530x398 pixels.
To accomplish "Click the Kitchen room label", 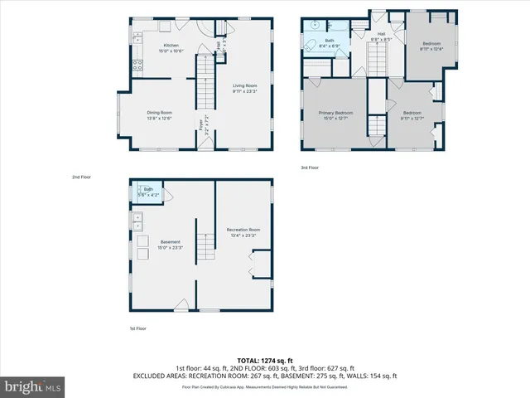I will (x=171, y=45).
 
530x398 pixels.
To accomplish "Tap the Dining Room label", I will (x=160, y=112).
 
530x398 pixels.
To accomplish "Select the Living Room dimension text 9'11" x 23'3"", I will (x=244, y=90).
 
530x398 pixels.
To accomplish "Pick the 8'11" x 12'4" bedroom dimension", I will (x=432, y=49).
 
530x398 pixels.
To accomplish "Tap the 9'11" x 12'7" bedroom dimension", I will (x=412, y=118).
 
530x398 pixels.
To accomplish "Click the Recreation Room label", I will (x=243, y=229).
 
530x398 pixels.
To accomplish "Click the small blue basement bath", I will (x=149, y=192).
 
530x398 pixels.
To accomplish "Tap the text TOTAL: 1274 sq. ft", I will (x=265, y=361).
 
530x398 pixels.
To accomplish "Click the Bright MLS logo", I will (x=33, y=386).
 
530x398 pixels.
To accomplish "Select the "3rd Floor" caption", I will (x=310, y=167).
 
